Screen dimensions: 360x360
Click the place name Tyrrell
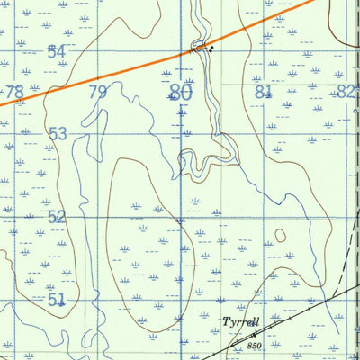(x=240, y=321)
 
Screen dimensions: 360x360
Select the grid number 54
(x=57, y=52)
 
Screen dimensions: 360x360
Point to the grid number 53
(x=58, y=134)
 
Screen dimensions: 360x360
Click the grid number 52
(x=57, y=216)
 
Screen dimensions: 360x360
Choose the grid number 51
(x=57, y=298)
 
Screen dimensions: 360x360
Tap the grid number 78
(x=14, y=92)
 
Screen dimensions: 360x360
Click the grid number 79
(x=98, y=92)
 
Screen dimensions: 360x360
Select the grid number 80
(x=180, y=92)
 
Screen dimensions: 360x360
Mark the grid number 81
(x=263, y=92)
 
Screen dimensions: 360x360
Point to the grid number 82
(x=345, y=92)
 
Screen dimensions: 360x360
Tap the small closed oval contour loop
(x=280, y=236)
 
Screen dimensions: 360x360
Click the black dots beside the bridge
(x=212, y=50)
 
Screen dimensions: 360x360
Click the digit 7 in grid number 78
(x=10, y=92)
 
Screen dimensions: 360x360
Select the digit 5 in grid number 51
(x=52, y=298)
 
